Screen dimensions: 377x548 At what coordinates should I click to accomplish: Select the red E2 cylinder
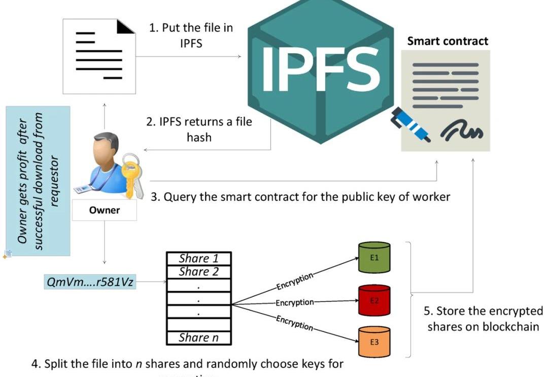click(x=374, y=301)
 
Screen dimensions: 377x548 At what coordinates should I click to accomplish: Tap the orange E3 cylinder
click(x=374, y=341)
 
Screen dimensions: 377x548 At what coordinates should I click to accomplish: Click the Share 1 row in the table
click(x=199, y=259)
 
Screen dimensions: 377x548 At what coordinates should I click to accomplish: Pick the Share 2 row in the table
click(x=199, y=272)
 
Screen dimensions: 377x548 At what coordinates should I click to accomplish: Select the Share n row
click(x=199, y=337)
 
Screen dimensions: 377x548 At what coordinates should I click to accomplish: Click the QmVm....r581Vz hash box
click(x=90, y=282)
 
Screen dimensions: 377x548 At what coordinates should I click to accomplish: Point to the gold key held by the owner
click(x=132, y=175)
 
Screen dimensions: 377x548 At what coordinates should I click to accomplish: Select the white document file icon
click(x=99, y=56)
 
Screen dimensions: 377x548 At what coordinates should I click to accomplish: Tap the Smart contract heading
click(x=448, y=41)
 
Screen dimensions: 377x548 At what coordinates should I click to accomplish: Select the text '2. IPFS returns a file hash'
click(x=199, y=130)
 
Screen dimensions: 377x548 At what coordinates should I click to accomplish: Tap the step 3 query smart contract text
click(x=300, y=196)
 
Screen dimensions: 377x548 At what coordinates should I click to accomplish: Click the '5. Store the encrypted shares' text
click(x=483, y=318)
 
